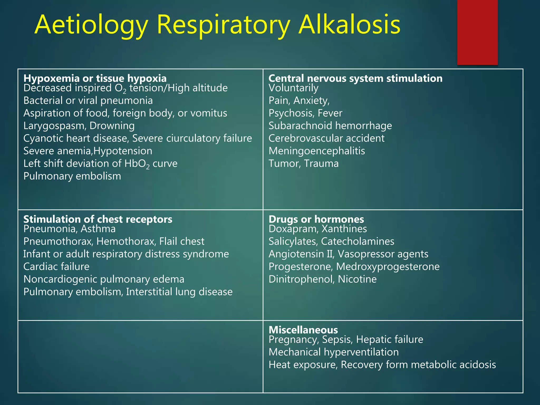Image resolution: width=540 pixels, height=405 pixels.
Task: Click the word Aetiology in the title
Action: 91,25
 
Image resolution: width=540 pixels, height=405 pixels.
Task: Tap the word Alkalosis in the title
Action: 349,25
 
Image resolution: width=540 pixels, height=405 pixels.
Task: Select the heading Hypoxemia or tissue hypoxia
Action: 95,78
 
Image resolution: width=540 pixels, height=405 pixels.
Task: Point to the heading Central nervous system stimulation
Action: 355,78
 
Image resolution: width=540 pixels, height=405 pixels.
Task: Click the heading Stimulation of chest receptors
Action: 98,219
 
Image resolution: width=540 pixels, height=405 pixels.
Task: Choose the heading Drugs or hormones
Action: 316,219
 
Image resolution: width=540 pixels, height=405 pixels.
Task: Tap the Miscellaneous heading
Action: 303,330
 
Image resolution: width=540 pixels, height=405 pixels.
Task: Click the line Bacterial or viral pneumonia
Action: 88,100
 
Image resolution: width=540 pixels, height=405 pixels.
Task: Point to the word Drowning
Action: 112,126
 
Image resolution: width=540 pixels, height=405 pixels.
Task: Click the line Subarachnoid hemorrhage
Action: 330,126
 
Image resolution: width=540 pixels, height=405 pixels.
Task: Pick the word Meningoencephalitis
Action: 317,151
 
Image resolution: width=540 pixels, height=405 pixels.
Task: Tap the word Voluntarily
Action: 293,88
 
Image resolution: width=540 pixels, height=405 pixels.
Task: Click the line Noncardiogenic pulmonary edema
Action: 104,279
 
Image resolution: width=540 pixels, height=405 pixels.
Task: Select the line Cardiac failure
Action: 56,267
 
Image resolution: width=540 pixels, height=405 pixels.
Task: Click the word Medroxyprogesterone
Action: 388,267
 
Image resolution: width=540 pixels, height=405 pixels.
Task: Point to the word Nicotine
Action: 357,279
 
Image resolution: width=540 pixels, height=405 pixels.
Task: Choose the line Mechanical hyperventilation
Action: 334,352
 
